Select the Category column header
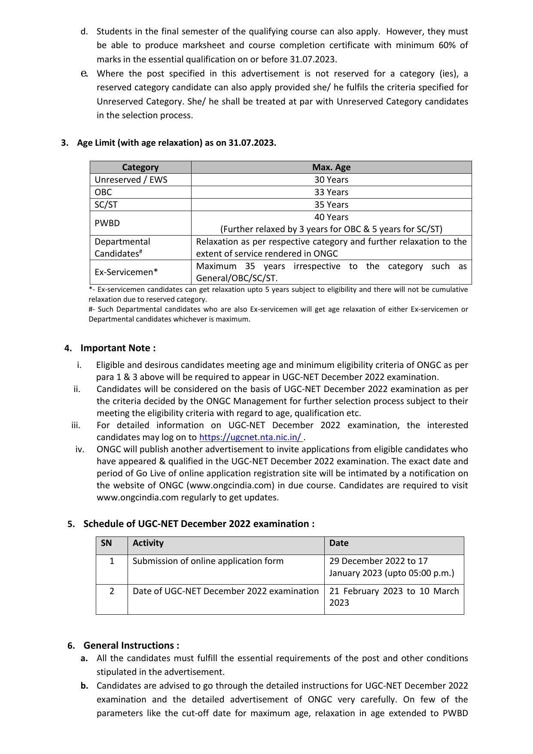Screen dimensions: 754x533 140,167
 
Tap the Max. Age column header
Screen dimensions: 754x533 331,167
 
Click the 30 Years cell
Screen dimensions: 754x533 331,180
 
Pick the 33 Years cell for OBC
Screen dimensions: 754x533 331,192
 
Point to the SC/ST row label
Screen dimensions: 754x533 106,205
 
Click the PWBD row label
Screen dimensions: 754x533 107,223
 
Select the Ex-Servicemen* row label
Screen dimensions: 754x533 126,272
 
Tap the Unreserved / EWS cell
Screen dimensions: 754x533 131,180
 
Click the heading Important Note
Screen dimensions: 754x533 118,348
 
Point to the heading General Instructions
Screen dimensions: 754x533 131,645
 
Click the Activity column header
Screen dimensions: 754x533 148,543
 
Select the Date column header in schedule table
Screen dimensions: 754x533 339,543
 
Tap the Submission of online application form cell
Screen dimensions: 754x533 208,561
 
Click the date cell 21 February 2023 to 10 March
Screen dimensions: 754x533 393,597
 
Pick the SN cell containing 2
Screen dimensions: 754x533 112,591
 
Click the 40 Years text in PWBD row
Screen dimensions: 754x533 331,217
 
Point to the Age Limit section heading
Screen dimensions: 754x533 176,143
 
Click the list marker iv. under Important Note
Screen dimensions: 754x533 80,449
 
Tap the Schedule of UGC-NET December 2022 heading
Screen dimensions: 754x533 198,524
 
